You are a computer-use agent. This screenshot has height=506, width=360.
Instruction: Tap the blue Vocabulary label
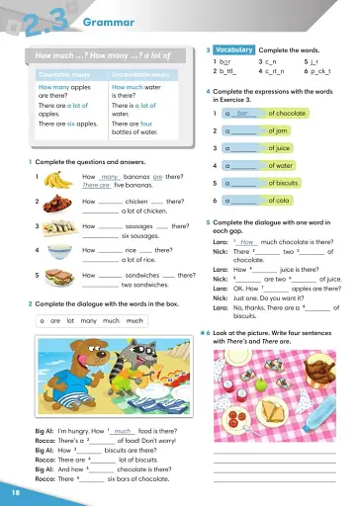click(x=233, y=49)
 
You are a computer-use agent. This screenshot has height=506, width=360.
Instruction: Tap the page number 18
click(x=14, y=491)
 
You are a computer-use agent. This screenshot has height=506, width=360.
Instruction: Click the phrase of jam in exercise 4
click(x=279, y=130)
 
